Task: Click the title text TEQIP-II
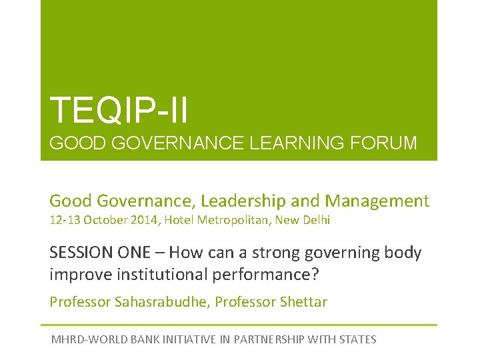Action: [x=119, y=110]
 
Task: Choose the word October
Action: [x=107, y=220]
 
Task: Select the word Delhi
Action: [x=315, y=220]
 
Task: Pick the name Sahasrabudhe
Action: [x=152, y=302]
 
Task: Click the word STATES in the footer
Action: [x=358, y=339]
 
